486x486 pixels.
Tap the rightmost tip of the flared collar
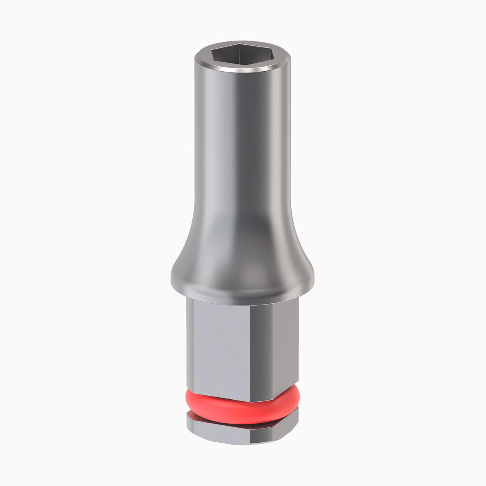[313, 277]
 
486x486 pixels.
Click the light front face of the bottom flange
[219, 433]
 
